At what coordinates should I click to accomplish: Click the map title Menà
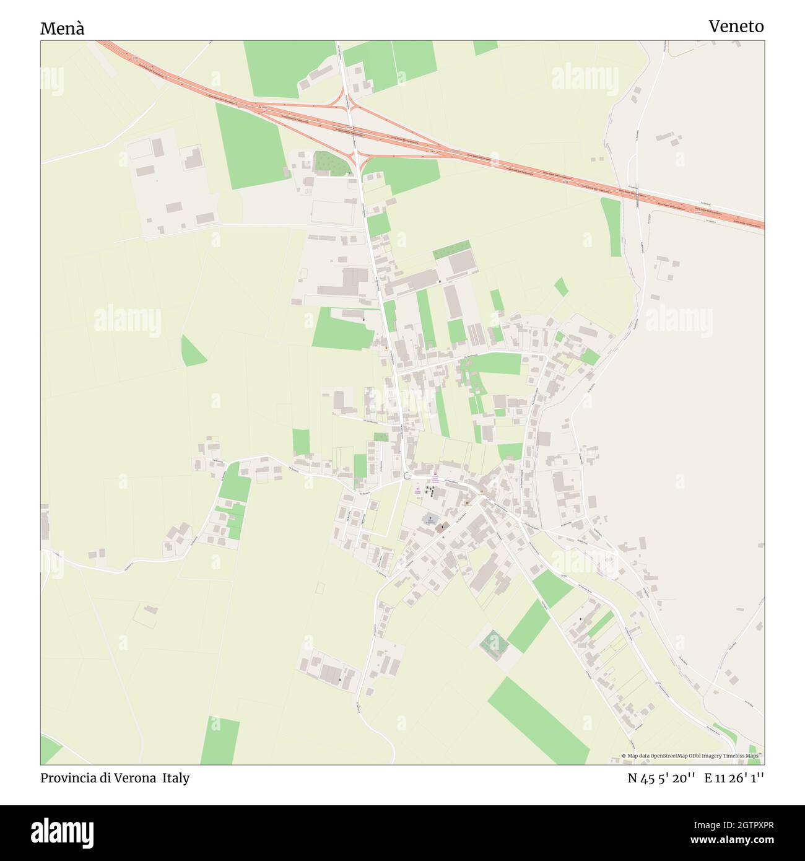coord(62,28)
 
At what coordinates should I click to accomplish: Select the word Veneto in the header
coord(736,26)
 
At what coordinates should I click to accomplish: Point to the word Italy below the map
coord(176,778)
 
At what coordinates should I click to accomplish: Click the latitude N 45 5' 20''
coord(661,778)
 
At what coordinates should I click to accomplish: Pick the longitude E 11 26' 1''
coord(734,778)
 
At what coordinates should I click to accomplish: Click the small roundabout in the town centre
coord(407,476)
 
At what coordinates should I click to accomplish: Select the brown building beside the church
coord(442,528)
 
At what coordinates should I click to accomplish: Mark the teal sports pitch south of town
coord(494,644)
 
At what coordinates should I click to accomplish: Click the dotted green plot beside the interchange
coord(328,163)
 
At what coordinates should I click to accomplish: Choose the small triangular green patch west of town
coord(192,352)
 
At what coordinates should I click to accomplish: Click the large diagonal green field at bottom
coord(537,720)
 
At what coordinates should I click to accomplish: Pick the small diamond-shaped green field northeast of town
coord(561,287)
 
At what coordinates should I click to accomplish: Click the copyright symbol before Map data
coord(624,756)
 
